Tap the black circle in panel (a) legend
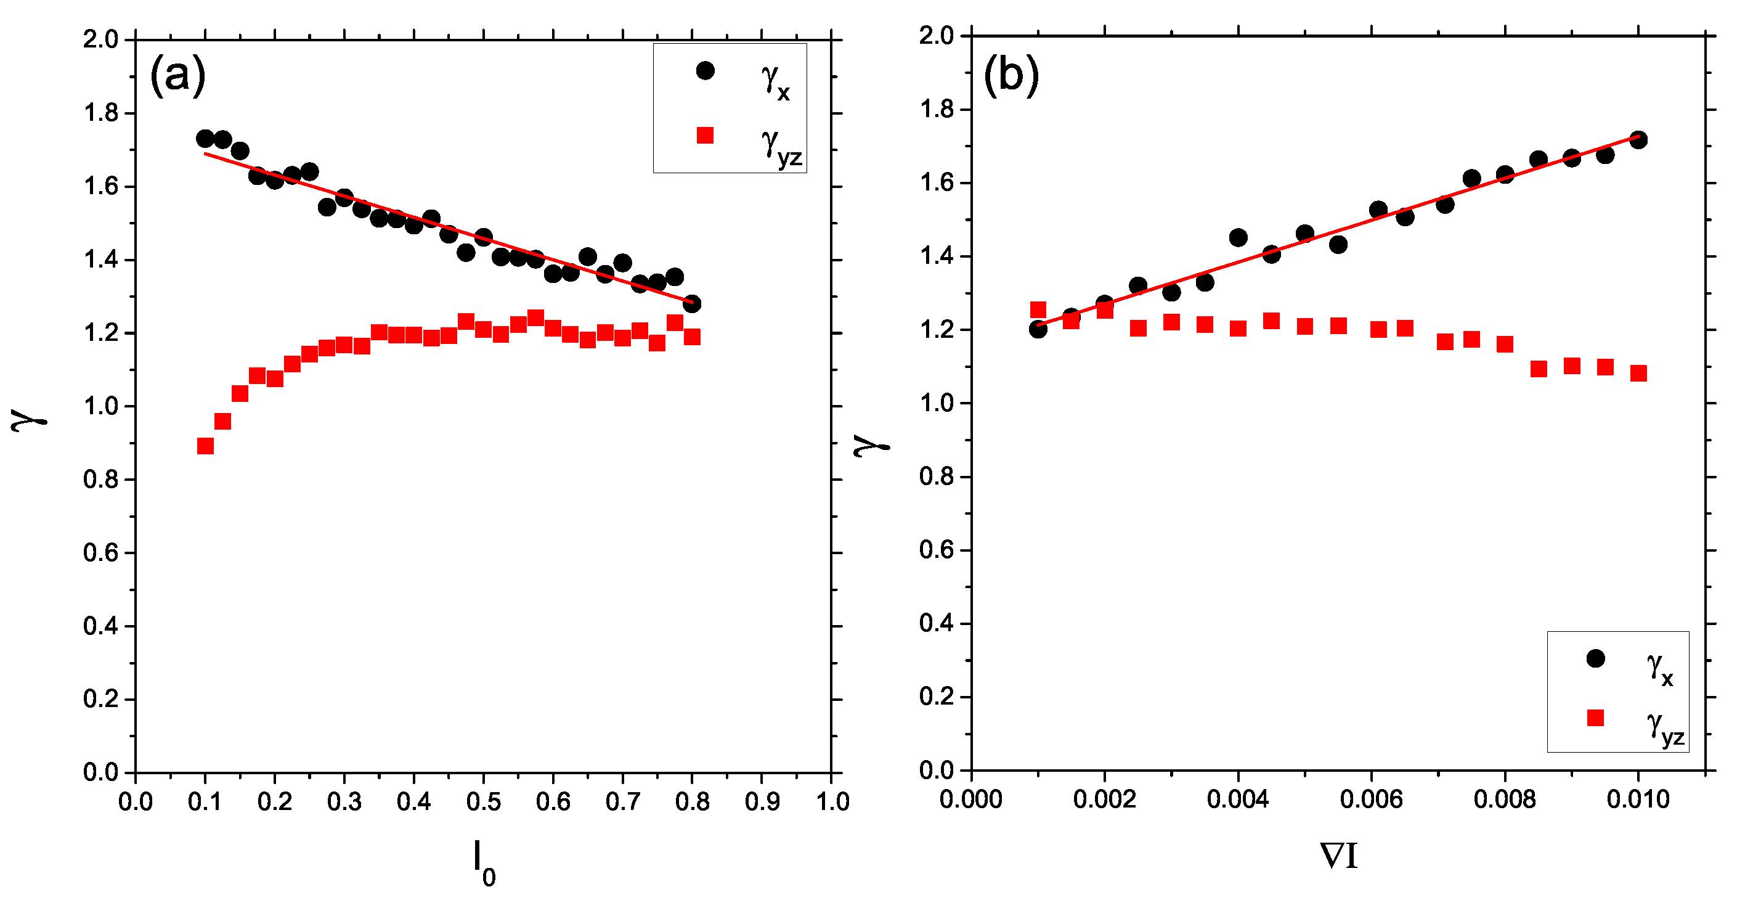pos(705,70)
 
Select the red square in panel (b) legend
pos(1595,718)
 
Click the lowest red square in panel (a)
pos(205,446)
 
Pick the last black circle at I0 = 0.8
pos(691,304)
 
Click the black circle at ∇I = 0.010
pos(1638,139)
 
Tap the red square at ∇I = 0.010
pos(1638,373)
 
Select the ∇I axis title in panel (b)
pos(1338,856)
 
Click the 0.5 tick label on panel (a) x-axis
pos(483,801)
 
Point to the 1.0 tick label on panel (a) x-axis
pos(832,801)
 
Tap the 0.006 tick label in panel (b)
pos(1370,798)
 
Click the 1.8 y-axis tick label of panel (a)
pos(100,112)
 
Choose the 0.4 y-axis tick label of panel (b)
pos(936,623)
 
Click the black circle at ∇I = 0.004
pos(1238,237)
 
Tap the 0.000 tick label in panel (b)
pos(970,798)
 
